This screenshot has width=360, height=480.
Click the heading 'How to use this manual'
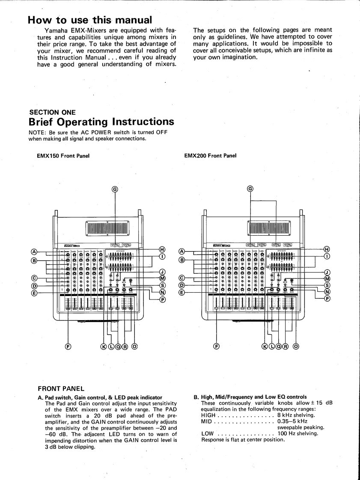tap(89, 20)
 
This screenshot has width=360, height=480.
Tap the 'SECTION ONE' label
tap(52, 112)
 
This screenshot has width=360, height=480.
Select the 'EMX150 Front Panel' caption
tap(63, 156)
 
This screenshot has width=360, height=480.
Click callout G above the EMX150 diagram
tap(115, 189)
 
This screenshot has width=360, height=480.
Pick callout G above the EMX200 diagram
tap(250, 189)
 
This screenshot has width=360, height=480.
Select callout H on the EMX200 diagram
tap(327, 249)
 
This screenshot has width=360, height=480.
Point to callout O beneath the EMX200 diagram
tap(296, 346)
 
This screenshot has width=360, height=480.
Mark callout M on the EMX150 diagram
tap(162, 279)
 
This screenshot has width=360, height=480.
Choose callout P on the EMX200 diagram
tap(327, 299)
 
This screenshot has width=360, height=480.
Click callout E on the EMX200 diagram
tap(181, 293)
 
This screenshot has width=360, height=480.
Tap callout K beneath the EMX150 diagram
tap(103, 346)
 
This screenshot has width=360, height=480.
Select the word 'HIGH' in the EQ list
tap(208, 415)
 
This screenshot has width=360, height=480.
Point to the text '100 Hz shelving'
tap(298, 433)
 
